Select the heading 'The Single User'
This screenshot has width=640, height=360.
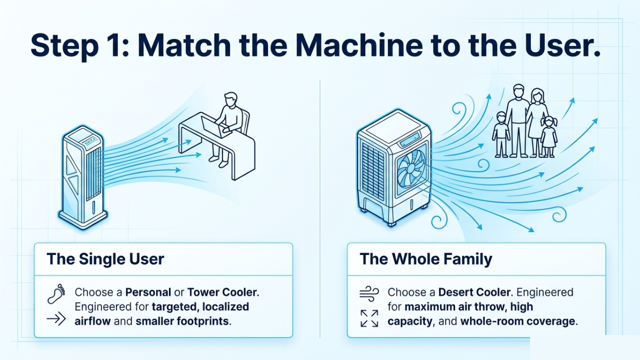coord(105,258)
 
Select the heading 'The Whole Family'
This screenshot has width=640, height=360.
coord(425,258)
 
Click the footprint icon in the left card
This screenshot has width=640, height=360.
coord(56,294)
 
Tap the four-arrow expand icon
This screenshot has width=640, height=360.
coord(369,318)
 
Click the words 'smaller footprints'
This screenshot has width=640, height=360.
coord(182,321)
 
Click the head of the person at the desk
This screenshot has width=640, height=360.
coord(230,99)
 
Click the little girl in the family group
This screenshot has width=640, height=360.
coord(548,136)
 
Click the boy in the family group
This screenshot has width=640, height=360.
coord(500,133)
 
